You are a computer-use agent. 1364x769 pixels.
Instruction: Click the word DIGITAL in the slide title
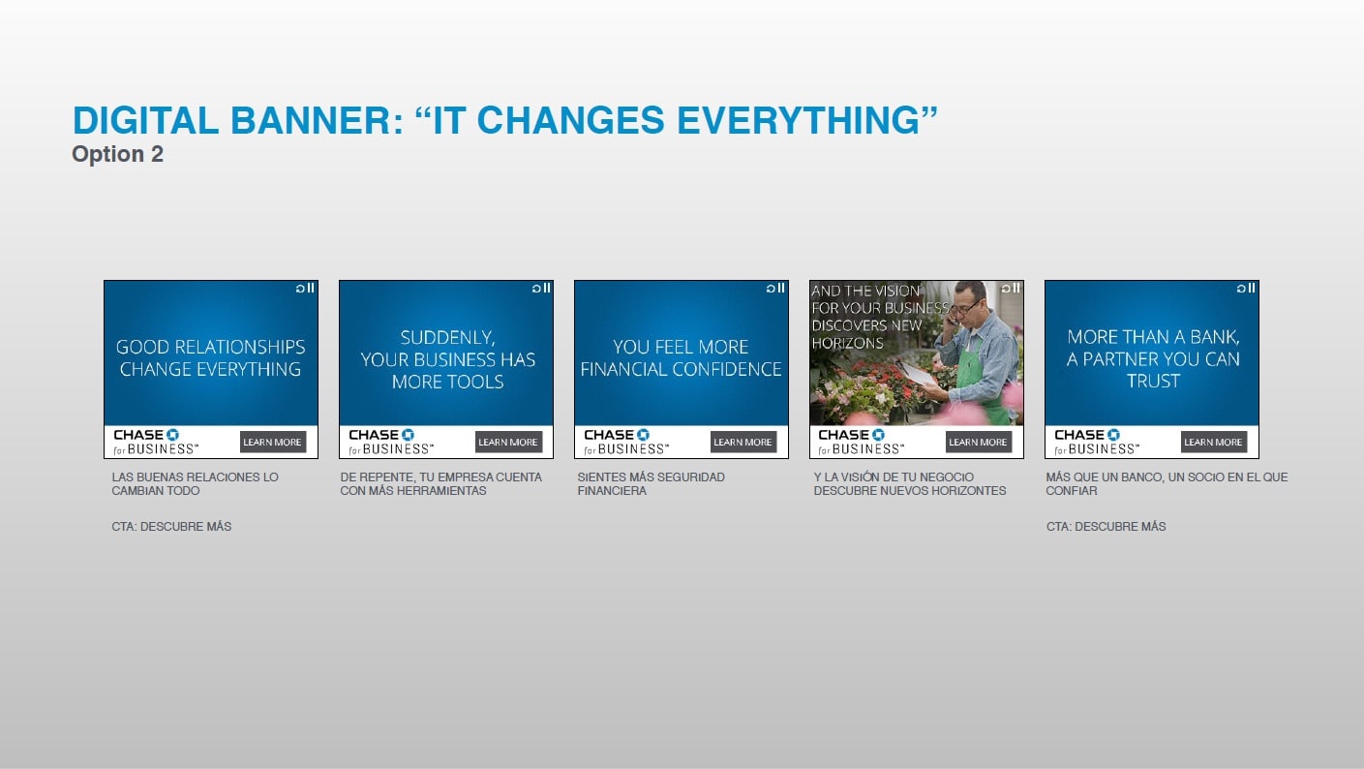(x=145, y=120)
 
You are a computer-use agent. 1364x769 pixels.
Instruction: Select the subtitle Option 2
(x=117, y=154)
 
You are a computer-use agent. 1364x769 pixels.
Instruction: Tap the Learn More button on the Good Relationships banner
(x=273, y=442)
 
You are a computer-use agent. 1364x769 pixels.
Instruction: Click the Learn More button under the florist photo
(x=979, y=442)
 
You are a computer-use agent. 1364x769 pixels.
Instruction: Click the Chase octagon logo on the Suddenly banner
(x=408, y=435)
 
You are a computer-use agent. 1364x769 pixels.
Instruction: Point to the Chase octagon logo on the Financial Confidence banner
(x=643, y=435)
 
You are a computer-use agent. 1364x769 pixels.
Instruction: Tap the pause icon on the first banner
(x=311, y=288)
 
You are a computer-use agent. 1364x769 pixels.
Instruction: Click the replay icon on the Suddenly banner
(x=536, y=289)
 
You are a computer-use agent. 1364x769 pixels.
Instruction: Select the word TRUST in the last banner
(x=1153, y=381)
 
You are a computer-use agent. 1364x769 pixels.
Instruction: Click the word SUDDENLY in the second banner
(x=447, y=338)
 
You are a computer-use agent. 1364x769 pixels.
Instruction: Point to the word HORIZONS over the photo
(x=847, y=343)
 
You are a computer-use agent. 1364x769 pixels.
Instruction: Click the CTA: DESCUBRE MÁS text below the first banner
(x=171, y=527)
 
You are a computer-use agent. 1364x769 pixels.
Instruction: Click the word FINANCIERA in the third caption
(x=612, y=490)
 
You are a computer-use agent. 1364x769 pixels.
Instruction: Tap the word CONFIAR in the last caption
(x=1072, y=490)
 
